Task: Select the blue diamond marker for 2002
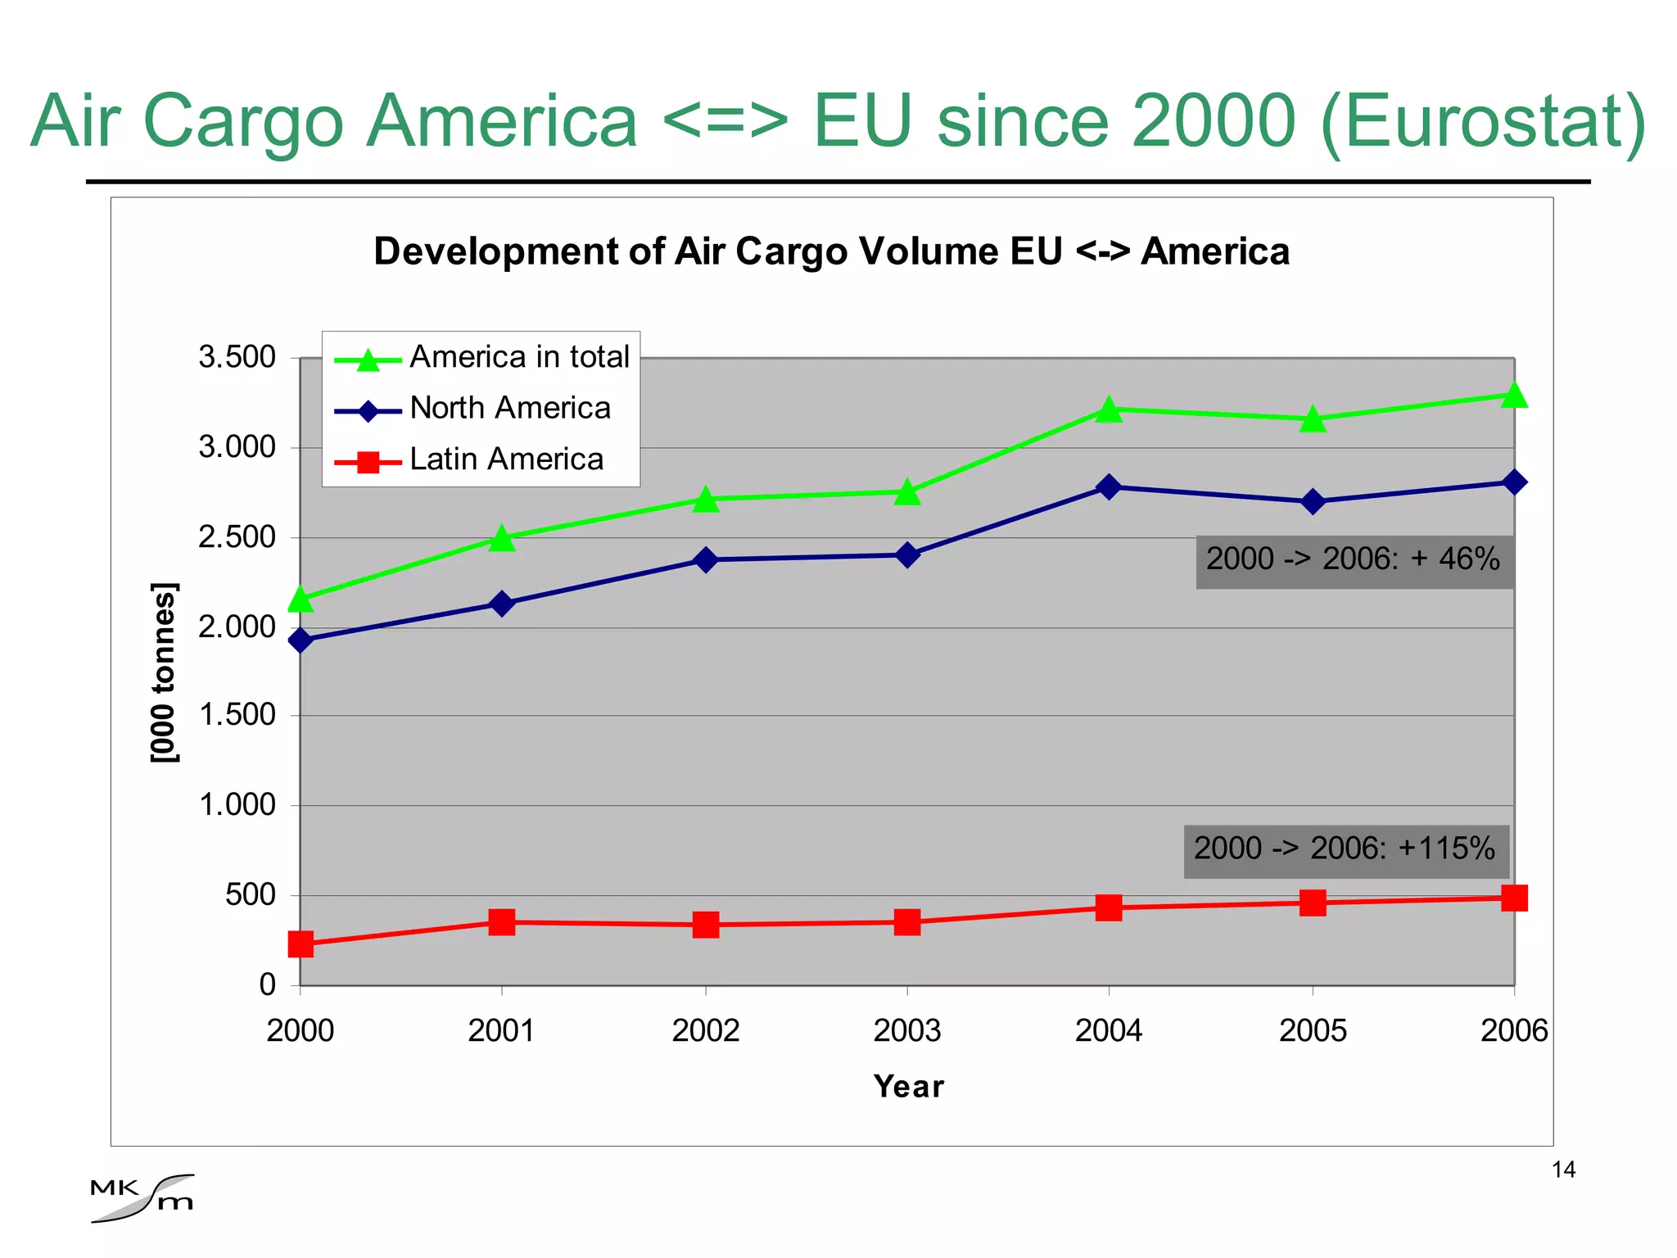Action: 705,560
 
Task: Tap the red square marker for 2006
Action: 1514,898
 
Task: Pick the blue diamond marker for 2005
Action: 1313,501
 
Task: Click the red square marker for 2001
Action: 502,921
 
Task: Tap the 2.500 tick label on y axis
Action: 237,537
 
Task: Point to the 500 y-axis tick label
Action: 251,894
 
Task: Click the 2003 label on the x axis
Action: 906,1030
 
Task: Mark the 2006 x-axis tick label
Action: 1514,1030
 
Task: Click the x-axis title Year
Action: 908,1086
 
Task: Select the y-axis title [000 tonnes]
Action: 165,672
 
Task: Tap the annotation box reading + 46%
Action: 1354,560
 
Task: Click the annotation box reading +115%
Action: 1345,850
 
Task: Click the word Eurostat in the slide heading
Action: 1482,121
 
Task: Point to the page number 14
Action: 1563,1170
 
